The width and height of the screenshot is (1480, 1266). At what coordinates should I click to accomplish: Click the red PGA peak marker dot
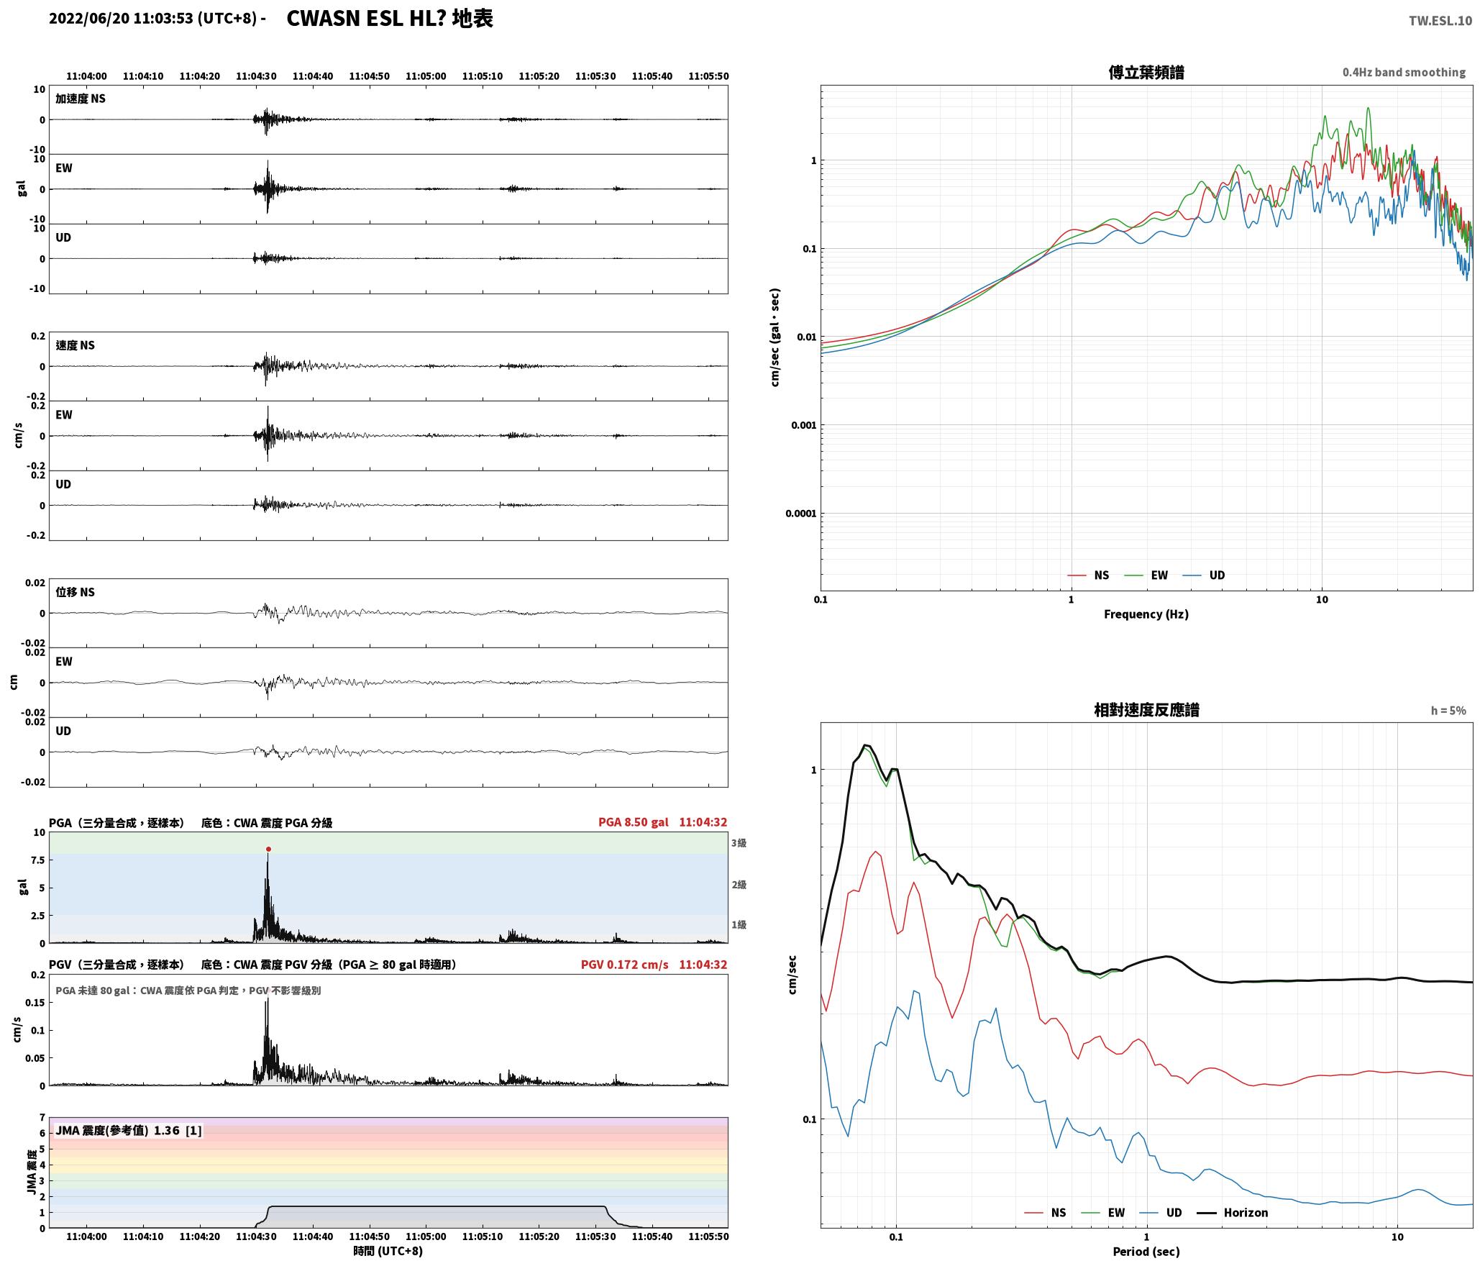(x=268, y=850)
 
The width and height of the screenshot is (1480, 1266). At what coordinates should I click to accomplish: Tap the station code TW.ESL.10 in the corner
(x=1440, y=21)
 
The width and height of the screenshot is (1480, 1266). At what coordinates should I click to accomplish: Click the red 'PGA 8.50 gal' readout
(x=633, y=822)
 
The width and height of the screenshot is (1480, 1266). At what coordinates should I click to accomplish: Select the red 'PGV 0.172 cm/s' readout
(x=624, y=965)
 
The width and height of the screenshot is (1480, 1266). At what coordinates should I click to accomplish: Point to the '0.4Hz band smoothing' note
(x=1404, y=73)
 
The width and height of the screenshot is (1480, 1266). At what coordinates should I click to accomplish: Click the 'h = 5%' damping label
(x=1448, y=711)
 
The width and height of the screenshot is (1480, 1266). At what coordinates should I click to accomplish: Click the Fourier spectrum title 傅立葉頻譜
(x=1146, y=73)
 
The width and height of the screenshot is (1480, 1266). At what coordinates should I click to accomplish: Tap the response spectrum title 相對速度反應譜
(x=1146, y=710)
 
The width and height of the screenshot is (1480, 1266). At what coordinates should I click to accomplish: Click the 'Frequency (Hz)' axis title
(x=1146, y=614)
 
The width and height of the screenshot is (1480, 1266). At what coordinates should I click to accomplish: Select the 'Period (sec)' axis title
(x=1146, y=1252)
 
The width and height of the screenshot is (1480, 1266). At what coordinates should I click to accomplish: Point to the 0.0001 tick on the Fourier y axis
(x=801, y=514)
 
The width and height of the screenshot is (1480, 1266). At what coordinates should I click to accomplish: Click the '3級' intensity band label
(x=739, y=843)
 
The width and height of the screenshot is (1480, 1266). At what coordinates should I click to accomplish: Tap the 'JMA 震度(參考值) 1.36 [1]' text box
(x=128, y=1131)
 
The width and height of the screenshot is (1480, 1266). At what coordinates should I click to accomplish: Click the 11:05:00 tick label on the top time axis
(x=426, y=76)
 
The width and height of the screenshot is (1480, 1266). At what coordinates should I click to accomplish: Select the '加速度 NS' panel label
(x=81, y=99)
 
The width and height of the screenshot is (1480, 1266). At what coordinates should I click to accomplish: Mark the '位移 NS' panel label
(x=76, y=593)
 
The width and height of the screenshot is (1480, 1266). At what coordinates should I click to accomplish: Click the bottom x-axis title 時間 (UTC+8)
(x=388, y=1251)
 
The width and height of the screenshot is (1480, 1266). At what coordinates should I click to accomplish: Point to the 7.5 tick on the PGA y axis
(x=37, y=860)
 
